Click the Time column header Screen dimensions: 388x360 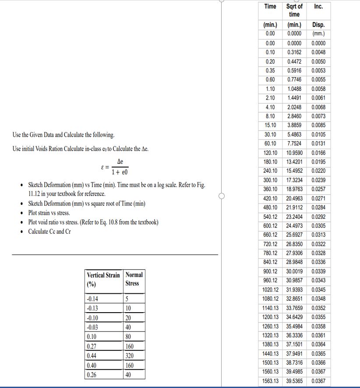point(270,7)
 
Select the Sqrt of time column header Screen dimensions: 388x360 point(294,10)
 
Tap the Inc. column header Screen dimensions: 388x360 point(318,7)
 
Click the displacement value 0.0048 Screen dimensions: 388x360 point(318,52)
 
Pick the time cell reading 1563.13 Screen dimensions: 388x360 point(270,381)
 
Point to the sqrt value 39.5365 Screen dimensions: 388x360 point(294,381)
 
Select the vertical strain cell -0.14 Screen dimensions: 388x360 point(93,300)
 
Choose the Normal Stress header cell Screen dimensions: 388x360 point(134,279)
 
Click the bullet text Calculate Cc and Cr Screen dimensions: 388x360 point(49,231)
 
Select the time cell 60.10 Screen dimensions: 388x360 point(270,144)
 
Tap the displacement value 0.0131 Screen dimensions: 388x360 point(318,144)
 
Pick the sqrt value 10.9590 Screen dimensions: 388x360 point(294,153)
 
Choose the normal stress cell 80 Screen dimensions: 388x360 point(128,337)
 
